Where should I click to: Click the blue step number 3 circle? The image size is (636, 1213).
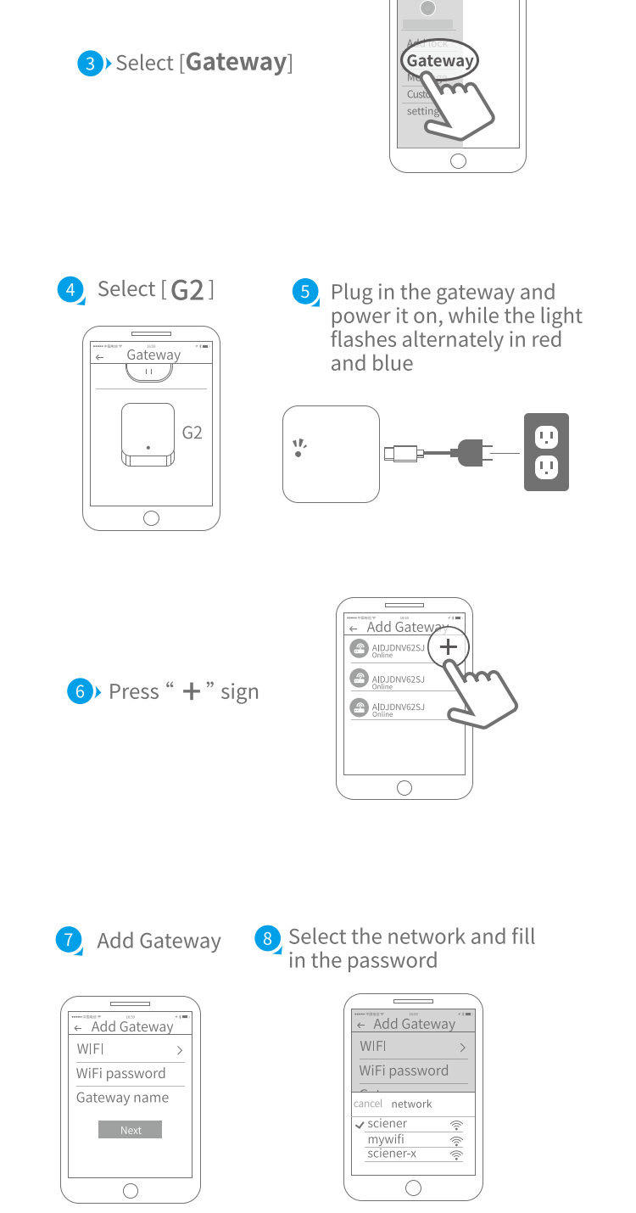tap(90, 64)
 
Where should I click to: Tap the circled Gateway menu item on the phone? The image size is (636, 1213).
tap(439, 61)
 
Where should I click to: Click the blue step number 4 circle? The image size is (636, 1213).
tap(70, 289)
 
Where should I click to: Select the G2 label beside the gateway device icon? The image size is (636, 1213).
tap(192, 433)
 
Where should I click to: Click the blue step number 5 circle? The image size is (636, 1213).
tap(304, 292)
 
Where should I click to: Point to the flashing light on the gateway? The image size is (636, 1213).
tap(298, 448)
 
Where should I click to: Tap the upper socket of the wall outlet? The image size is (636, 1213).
tap(546, 437)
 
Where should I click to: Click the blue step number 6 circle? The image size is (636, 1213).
tap(79, 691)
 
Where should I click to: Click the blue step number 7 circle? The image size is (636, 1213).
tap(68, 940)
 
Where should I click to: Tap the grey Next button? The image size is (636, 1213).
tap(130, 1130)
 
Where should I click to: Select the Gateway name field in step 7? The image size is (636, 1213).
tap(123, 1098)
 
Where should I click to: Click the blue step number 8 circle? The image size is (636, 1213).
tap(267, 938)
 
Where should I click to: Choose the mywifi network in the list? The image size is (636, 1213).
tap(387, 1139)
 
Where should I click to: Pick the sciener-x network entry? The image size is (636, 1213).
tap(392, 1154)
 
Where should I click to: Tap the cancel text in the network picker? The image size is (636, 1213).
tap(368, 1104)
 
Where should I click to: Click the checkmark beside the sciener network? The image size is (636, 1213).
tap(360, 1124)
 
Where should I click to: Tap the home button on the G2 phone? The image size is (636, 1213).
tap(151, 518)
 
